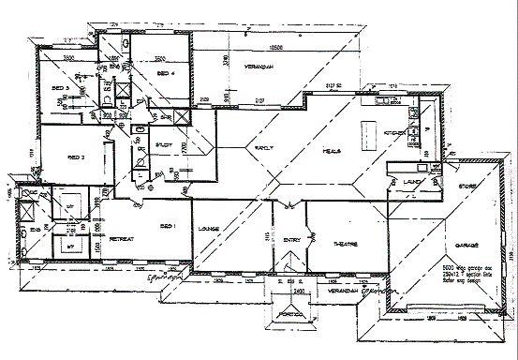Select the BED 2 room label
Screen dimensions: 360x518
tap(76, 158)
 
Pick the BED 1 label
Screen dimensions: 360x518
tap(169, 226)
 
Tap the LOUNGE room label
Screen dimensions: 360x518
tap(208, 228)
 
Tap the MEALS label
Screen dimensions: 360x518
tap(332, 150)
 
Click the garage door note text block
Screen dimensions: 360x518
tap(480, 272)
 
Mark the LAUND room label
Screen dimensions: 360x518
tap(409, 182)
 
